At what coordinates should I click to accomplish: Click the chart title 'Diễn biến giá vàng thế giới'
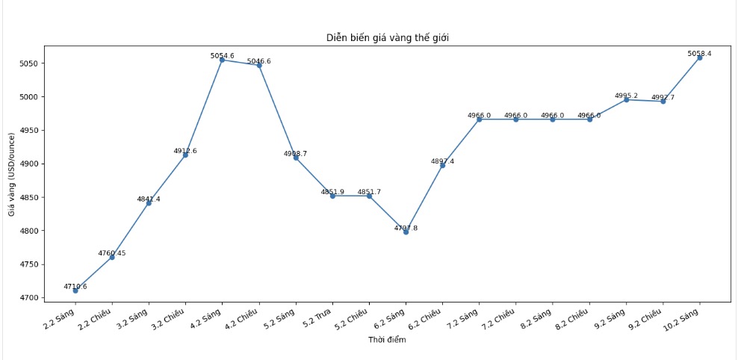point(387,37)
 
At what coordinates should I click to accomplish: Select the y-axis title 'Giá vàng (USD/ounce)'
point(12,174)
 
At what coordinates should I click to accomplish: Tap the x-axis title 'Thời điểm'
point(387,340)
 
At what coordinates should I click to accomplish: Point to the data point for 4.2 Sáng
point(222,60)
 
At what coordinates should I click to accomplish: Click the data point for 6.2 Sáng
point(406,232)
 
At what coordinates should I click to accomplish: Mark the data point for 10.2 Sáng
point(700,58)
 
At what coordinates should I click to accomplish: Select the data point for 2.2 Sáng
point(75,291)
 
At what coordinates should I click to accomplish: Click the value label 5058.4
point(699,54)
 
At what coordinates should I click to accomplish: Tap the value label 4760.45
point(112,253)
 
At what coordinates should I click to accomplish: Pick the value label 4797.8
point(406,228)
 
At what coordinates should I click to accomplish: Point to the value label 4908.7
point(295,153)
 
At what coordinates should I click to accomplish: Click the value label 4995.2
point(626,96)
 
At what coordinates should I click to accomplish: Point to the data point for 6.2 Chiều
point(442,165)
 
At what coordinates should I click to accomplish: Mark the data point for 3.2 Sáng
point(149,203)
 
